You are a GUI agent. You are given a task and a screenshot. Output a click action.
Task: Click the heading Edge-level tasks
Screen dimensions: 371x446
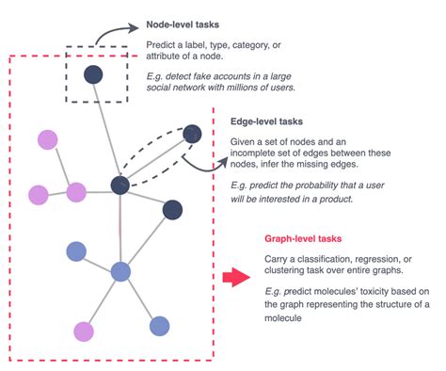(266, 121)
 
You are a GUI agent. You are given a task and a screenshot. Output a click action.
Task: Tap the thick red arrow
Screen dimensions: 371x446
(236, 277)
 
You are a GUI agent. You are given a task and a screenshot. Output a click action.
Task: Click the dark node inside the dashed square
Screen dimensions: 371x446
(93, 74)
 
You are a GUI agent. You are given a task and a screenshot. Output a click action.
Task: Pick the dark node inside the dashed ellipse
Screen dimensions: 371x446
(192, 134)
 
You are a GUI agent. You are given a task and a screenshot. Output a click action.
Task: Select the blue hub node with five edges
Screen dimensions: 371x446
(120, 272)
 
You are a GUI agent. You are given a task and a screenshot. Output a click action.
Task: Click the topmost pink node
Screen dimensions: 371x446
(48, 140)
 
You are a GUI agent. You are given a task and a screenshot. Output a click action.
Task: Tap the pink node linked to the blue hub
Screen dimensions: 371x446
(84, 331)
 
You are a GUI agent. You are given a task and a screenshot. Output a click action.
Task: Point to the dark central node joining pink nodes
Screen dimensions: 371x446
(119, 185)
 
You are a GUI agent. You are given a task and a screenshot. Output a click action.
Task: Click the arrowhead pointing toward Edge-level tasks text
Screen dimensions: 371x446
(223, 163)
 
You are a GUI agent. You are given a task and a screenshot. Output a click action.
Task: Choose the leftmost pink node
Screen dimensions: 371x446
(38, 195)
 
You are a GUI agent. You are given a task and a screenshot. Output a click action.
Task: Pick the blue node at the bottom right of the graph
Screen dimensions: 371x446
(159, 326)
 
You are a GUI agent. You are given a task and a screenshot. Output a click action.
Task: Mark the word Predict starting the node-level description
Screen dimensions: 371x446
(162, 45)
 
